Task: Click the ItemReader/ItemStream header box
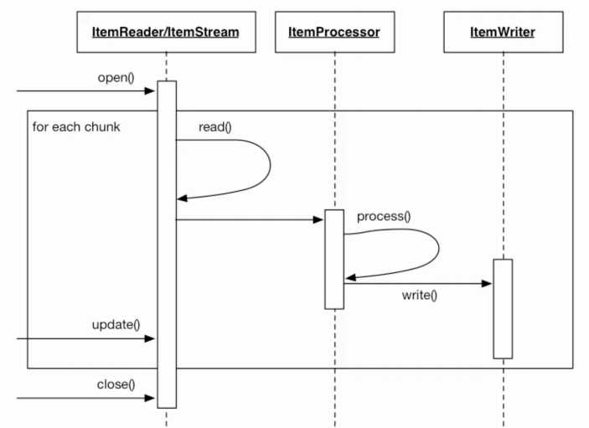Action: point(166,32)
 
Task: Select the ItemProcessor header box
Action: point(333,32)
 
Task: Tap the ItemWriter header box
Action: point(502,32)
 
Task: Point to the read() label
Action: point(215,128)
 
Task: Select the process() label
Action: point(384,216)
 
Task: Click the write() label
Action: point(420,296)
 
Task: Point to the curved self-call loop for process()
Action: point(437,253)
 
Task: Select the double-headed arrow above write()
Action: point(417,284)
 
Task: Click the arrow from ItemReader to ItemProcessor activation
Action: point(250,220)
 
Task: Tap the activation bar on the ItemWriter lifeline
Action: point(502,308)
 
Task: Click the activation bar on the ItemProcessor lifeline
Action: point(333,259)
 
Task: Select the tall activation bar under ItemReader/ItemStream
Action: point(166,244)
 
